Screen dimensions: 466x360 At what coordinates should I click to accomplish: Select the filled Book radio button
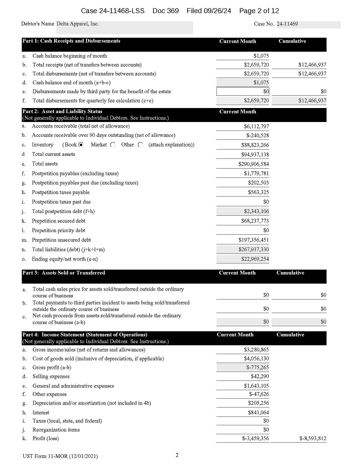pos(81,145)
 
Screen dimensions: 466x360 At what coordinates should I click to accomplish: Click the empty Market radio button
pos(113,145)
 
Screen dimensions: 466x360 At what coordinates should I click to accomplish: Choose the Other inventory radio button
pos(140,145)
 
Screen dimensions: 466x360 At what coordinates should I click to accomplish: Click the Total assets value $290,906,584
pos(253,164)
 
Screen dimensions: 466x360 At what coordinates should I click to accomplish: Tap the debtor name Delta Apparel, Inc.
pos(78,24)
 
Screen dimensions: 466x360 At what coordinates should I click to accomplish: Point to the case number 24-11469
pos(287,24)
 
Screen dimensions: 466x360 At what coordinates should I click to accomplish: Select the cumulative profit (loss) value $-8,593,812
pos(313,438)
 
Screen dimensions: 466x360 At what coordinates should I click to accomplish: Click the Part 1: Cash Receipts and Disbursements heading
pos(71,41)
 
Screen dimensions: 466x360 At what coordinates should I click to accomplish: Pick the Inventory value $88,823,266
pos(255,145)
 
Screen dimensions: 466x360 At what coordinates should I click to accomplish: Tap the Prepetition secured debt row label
pos(58,221)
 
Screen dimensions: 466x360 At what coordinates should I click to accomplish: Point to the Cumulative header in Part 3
pos(290,273)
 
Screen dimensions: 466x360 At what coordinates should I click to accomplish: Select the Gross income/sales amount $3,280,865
pos(256,350)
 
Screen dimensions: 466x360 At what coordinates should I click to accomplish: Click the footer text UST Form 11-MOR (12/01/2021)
pos(60,456)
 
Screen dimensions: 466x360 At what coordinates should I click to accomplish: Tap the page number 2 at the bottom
pos(177,455)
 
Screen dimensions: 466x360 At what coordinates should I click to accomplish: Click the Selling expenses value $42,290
pos(260,376)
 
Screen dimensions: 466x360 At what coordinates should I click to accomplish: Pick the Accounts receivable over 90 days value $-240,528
pos(258,136)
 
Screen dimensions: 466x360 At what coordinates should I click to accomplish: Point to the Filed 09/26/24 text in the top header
pos(209,11)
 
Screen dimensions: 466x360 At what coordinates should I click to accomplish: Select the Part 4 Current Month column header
pos(235,335)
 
